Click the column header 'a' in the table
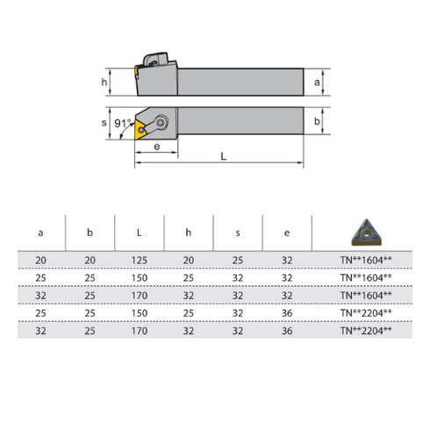point(40,233)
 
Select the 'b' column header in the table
point(90,233)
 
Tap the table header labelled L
point(140,233)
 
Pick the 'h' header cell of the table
point(189,233)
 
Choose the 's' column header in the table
point(238,233)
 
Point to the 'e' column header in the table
point(287,233)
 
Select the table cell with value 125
point(140,260)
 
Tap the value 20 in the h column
point(189,260)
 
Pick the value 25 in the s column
point(238,260)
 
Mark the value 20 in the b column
point(90,260)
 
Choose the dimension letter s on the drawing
point(104,123)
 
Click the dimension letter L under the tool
point(223,155)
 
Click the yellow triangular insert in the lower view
point(140,130)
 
